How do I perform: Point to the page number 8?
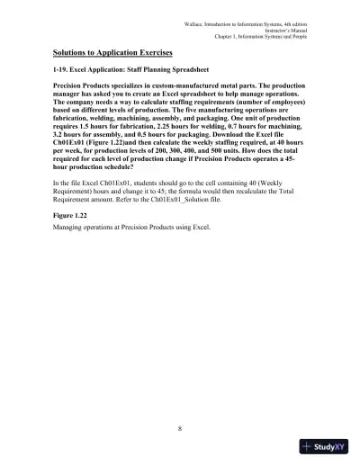pyautogui.click(x=180, y=427)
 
